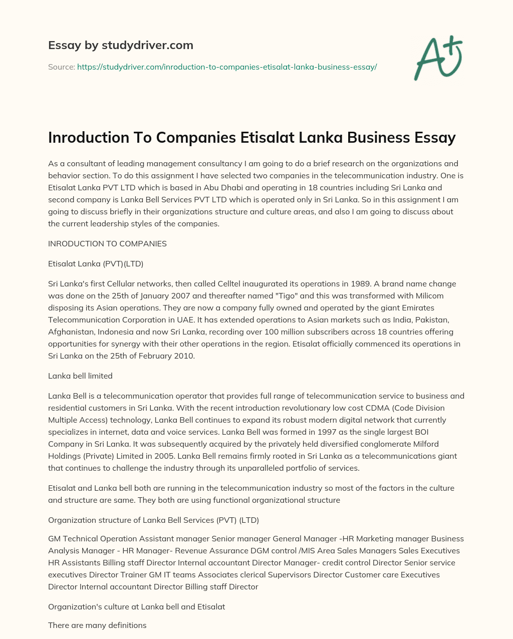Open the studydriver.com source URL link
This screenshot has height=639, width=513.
coord(226,67)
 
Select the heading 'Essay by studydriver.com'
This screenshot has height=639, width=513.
coord(120,45)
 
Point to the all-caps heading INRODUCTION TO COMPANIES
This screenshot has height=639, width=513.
coord(107,244)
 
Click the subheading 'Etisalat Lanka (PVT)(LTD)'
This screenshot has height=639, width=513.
coord(96,264)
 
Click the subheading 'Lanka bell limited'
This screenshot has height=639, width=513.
coord(80,376)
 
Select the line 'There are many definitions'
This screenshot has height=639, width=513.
coord(97,625)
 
